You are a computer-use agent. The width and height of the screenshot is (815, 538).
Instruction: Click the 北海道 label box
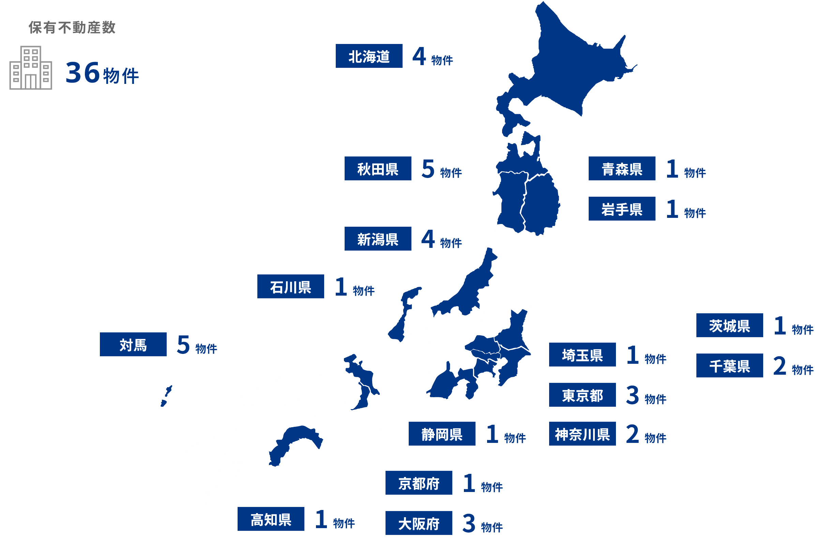(369, 56)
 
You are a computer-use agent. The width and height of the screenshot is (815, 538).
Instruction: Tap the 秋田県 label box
(378, 168)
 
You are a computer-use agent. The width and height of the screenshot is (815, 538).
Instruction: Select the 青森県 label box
(621, 168)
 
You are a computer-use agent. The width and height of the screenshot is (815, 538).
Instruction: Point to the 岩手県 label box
(621, 209)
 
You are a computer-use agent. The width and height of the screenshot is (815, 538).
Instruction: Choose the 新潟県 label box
(378, 239)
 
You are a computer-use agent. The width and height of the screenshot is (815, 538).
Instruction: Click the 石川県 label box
(290, 286)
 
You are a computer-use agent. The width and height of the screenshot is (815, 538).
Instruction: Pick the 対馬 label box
(133, 344)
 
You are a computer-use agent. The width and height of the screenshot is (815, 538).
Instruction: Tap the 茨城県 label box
(729, 325)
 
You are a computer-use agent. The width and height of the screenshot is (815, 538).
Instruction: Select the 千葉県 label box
(729, 365)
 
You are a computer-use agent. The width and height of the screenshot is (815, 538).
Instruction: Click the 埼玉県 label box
(582, 355)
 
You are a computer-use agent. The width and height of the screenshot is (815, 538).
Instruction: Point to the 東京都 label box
(582, 395)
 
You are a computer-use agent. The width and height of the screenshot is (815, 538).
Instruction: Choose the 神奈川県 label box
(582, 434)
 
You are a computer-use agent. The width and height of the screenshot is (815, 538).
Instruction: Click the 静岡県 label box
(442, 434)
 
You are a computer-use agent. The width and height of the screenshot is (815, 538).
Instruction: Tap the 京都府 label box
(419, 483)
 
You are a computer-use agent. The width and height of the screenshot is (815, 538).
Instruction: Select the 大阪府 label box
(419, 523)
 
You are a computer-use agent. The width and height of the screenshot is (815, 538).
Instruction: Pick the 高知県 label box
(271, 519)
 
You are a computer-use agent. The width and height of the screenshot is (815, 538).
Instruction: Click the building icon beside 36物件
(31, 68)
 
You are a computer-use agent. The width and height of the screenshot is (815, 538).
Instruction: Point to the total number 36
(82, 73)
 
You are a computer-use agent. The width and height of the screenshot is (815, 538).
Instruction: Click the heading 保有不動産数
(72, 28)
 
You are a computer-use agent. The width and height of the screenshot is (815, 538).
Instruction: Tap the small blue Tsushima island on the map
(166, 396)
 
